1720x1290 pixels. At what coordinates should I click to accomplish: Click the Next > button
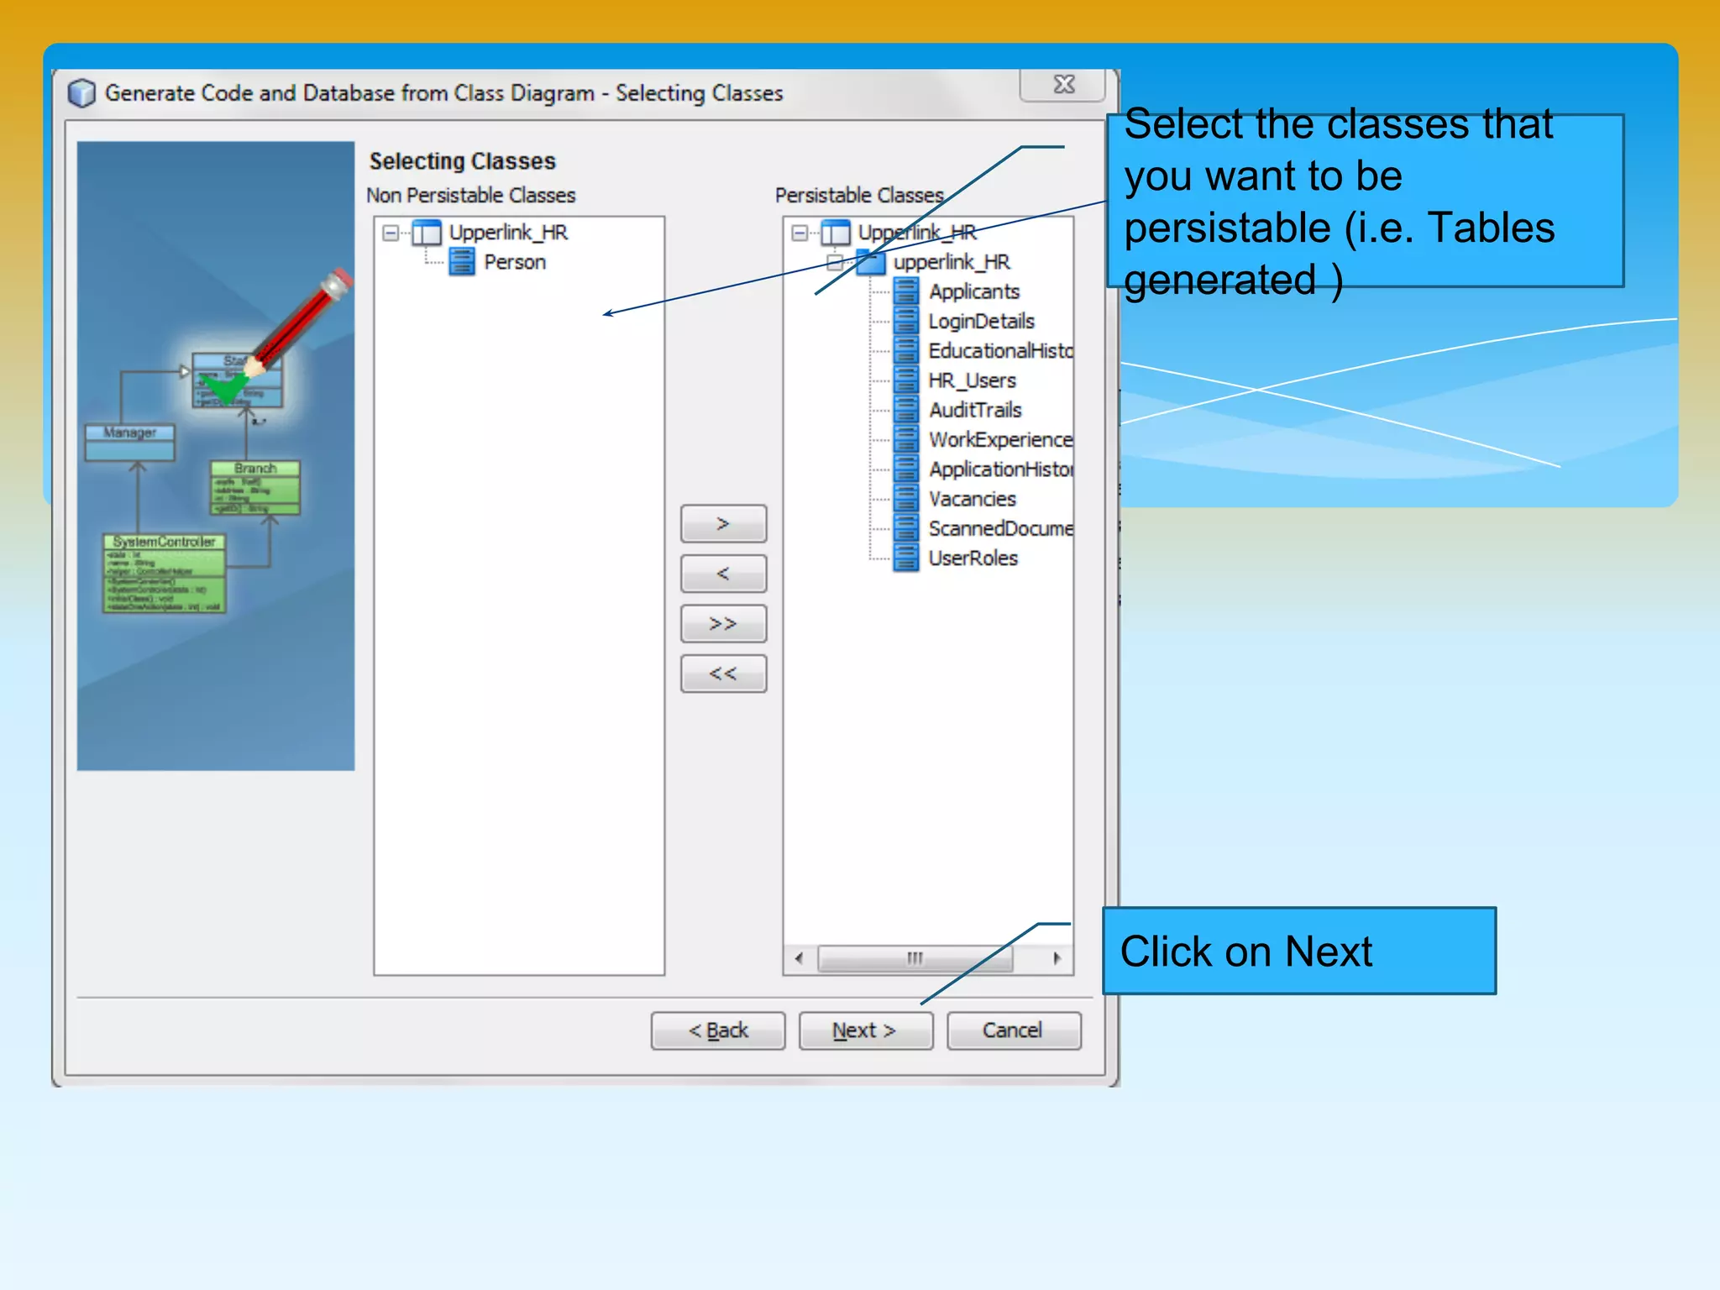tap(865, 1030)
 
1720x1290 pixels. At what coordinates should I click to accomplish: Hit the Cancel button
tap(1013, 1030)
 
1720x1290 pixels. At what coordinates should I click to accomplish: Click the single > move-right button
tap(723, 524)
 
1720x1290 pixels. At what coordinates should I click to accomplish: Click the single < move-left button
tap(723, 574)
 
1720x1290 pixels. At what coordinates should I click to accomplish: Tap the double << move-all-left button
tap(723, 674)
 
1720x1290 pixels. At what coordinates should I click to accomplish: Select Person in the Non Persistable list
tap(514, 263)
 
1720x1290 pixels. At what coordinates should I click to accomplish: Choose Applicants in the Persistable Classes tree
tap(973, 292)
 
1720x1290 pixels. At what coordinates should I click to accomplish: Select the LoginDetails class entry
tap(980, 322)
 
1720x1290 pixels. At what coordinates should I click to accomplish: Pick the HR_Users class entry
tap(972, 381)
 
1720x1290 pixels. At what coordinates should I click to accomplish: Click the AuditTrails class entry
tap(974, 411)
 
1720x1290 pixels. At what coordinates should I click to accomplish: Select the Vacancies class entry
tap(972, 500)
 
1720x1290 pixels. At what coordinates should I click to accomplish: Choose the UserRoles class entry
tap(973, 558)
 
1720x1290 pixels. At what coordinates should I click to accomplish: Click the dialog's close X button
tap(1063, 85)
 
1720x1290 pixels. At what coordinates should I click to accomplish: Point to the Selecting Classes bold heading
tap(462, 161)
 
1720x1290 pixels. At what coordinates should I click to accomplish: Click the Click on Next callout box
tap(1298, 952)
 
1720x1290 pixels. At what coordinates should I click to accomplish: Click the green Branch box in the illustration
tap(255, 487)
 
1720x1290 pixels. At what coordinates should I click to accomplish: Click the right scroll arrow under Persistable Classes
tap(1057, 958)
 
